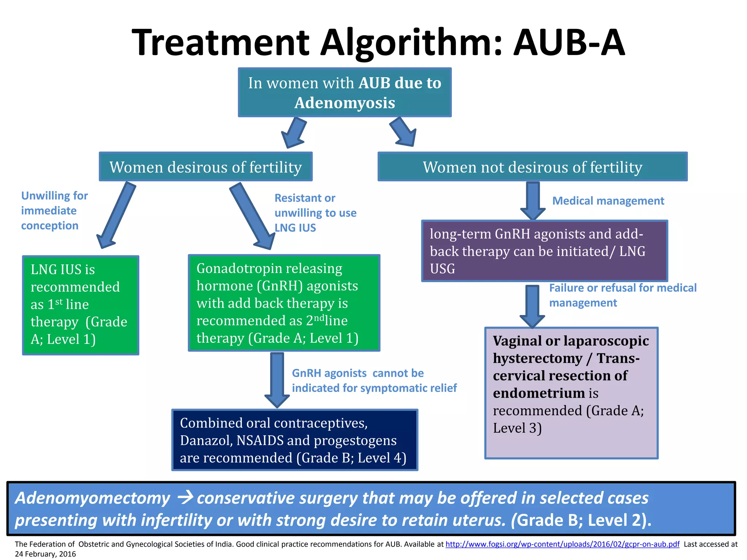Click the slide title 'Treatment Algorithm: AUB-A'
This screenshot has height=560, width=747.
point(378,43)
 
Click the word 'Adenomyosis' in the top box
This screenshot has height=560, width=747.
point(345,103)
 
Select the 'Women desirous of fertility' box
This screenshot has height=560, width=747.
point(206,167)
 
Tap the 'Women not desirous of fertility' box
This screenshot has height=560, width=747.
point(533,167)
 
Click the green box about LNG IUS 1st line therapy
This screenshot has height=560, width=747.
point(81,305)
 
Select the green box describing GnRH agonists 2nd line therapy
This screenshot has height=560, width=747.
point(284,303)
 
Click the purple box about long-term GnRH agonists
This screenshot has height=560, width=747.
point(545,251)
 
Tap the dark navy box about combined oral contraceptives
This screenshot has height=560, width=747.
point(295,440)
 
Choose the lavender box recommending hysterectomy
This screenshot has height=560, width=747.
point(571,393)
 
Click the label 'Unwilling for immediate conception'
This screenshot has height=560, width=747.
point(54,211)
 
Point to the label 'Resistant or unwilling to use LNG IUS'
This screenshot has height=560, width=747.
point(315,213)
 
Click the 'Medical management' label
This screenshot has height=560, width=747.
point(608,201)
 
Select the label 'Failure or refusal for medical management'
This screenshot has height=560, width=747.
point(622,295)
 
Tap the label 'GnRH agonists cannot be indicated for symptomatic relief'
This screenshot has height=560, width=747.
point(374,381)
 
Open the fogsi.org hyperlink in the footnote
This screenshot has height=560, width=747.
point(562,544)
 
